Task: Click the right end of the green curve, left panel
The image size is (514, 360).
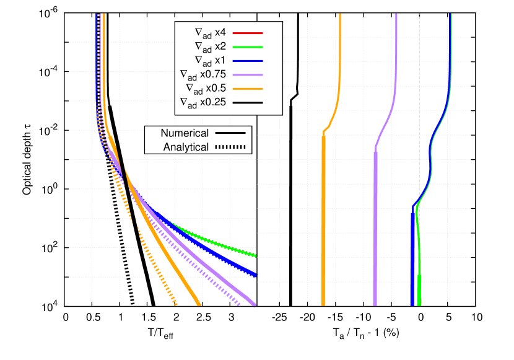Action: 255,255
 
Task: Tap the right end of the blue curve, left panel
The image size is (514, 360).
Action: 255,274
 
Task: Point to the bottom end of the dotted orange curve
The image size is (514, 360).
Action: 176,304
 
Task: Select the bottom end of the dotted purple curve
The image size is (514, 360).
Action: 240,304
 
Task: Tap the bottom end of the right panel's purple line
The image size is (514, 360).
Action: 375,304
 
